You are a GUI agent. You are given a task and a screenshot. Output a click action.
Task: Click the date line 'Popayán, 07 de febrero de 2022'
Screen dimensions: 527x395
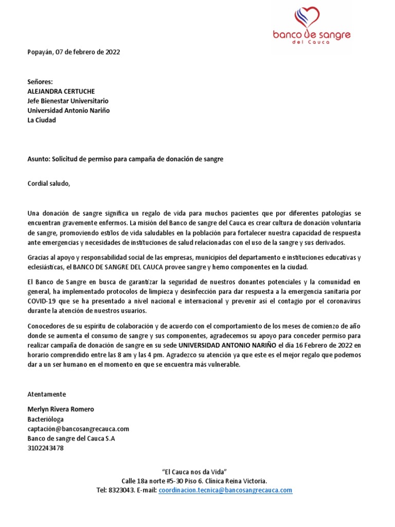(x=74, y=52)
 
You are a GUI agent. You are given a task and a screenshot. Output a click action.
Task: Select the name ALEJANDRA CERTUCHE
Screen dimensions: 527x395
(x=61, y=91)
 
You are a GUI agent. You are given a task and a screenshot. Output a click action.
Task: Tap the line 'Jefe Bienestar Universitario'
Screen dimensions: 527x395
(x=67, y=101)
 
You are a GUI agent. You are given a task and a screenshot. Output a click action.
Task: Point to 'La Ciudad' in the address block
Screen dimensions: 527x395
(x=41, y=120)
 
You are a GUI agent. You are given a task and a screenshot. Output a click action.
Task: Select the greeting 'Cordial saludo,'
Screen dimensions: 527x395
(x=48, y=183)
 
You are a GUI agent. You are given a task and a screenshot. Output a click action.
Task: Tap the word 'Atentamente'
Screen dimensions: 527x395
(x=46, y=394)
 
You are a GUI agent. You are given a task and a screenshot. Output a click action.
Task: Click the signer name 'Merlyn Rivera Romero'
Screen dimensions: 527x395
(x=60, y=409)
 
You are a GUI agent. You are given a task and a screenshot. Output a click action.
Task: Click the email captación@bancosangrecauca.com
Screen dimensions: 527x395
(x=78, y=429)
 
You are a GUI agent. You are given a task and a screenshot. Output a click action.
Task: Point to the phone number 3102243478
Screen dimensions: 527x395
(x=45, y=448)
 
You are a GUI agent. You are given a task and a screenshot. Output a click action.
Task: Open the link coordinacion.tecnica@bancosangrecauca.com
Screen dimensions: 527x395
(x=225, y=490)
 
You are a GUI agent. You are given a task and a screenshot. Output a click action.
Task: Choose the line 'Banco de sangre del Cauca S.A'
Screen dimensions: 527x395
(x=71, y=438)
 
